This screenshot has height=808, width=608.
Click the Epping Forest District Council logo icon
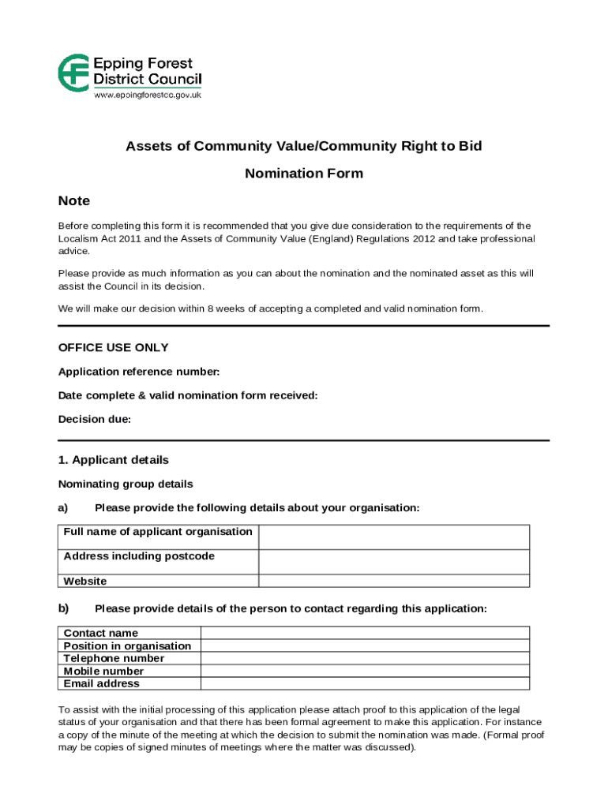74,72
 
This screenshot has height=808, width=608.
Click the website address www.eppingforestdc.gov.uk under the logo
148,95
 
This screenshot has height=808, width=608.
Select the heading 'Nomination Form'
304,174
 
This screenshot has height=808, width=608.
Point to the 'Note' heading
74,200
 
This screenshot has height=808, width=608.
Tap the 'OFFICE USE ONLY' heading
114,347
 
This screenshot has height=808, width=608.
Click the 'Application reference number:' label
139,372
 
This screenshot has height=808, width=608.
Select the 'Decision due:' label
95,420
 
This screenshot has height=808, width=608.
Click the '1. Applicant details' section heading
114,460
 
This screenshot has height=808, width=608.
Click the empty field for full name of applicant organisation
394,537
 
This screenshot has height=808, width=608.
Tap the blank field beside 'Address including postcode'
394,562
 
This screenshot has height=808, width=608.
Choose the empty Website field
394,581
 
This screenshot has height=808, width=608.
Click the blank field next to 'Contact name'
365,633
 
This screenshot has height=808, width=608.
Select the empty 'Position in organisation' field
365,645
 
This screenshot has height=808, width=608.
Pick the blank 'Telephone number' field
365,658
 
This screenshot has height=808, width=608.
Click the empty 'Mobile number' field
365,671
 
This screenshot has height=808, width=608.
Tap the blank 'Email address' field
365,683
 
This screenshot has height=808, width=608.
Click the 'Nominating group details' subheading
126,484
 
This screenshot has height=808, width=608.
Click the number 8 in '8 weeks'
210,309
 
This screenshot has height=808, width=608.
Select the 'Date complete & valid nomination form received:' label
188,395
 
